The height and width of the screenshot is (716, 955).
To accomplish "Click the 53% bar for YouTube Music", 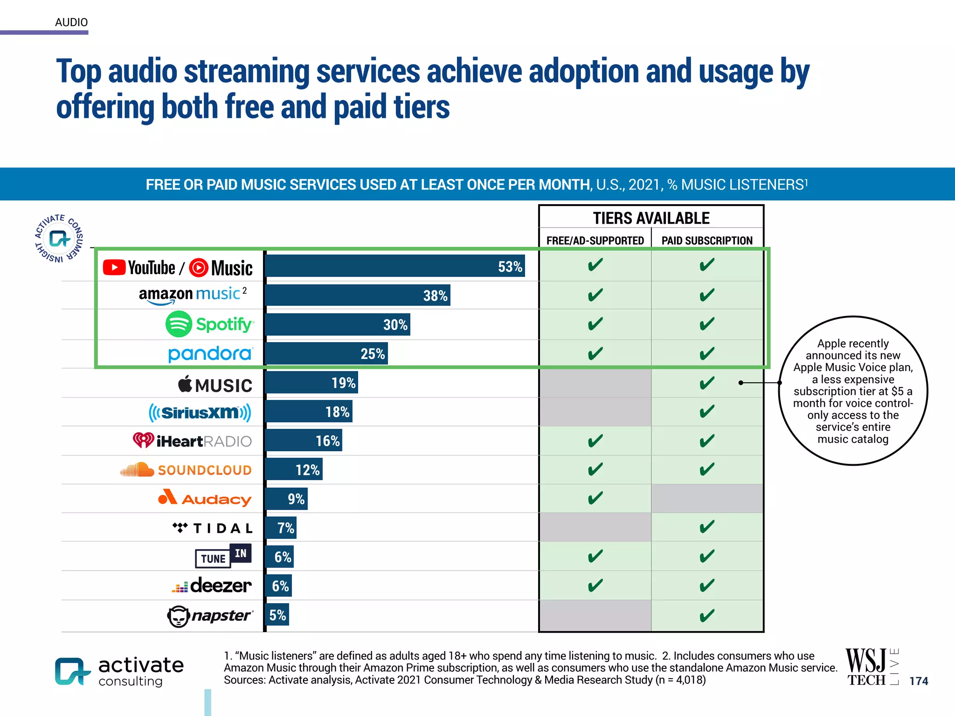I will [x=394, y=266].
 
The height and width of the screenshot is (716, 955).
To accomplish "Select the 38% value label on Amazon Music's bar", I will [x=435, y=296].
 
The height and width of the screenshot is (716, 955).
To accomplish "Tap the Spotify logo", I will [x=209, y=324].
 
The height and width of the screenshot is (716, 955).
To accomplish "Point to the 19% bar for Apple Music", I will [x=311, y=383].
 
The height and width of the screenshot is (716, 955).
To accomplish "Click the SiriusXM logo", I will [x=200, y=413].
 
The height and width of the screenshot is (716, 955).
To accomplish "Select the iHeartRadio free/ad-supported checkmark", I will [x=595, y=441].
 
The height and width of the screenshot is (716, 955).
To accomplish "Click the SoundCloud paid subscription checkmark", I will [x=707, y=469].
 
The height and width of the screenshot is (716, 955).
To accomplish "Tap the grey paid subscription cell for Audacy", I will [x=707, y=498].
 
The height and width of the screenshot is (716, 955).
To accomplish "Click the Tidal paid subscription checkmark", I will [x=707, y=527].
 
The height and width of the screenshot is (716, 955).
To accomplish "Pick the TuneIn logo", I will [x=223, y=556].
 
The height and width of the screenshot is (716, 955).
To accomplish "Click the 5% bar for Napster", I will [x=277, y=615].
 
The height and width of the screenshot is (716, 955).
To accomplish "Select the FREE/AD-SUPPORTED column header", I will [x=595, y=241].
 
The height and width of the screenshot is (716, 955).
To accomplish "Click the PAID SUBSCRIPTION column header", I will [x=707, y=241].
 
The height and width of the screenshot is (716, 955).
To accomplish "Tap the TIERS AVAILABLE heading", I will [x=651, y=218].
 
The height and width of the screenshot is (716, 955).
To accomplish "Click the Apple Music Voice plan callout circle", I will [x=853, y=391].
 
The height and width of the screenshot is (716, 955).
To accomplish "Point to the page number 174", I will [x=919, y=681].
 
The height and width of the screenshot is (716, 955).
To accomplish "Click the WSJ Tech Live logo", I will [x=871, y=668].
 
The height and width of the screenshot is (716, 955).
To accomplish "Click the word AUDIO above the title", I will [x=71, y=22].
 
